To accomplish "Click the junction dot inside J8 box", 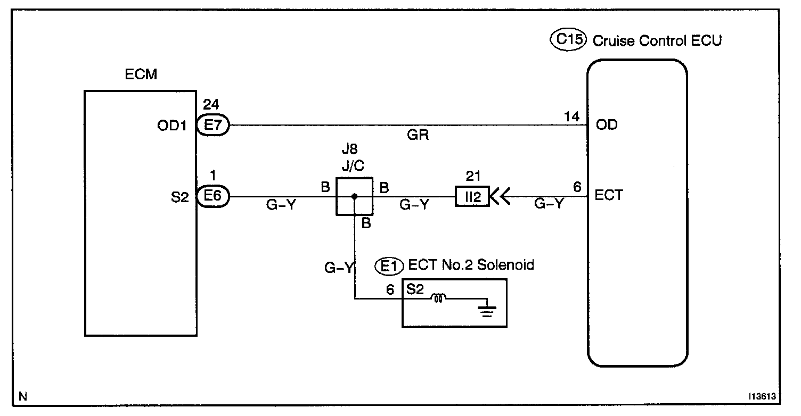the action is click(354, 196).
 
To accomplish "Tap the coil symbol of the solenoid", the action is click(438, 298).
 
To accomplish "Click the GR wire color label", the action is click(418, 135).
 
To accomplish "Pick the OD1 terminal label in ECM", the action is click(172, 126).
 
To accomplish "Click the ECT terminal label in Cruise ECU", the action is click(609, 195).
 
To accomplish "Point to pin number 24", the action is click(211, 104).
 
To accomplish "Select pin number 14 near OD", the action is click(572, 117).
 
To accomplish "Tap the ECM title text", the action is click(141, 74).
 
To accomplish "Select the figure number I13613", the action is click(762, 396).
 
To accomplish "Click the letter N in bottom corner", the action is click(23, 396).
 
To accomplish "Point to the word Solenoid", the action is click(505, 265).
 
